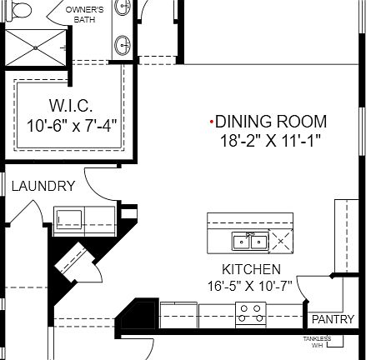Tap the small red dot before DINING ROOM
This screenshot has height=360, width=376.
click(x=211, y=122)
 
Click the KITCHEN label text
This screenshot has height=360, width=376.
click(x=251, y=269)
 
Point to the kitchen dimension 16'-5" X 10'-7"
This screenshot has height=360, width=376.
click(x=251, y=287)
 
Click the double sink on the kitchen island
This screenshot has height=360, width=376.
click(x=249, y=242)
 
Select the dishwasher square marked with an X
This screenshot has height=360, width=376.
click(x=281, y=242)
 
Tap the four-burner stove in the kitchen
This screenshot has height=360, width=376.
click(x=249, y=314)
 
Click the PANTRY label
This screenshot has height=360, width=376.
click(x=333, y=319)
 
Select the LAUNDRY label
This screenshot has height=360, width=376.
click(x=43, y=186)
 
